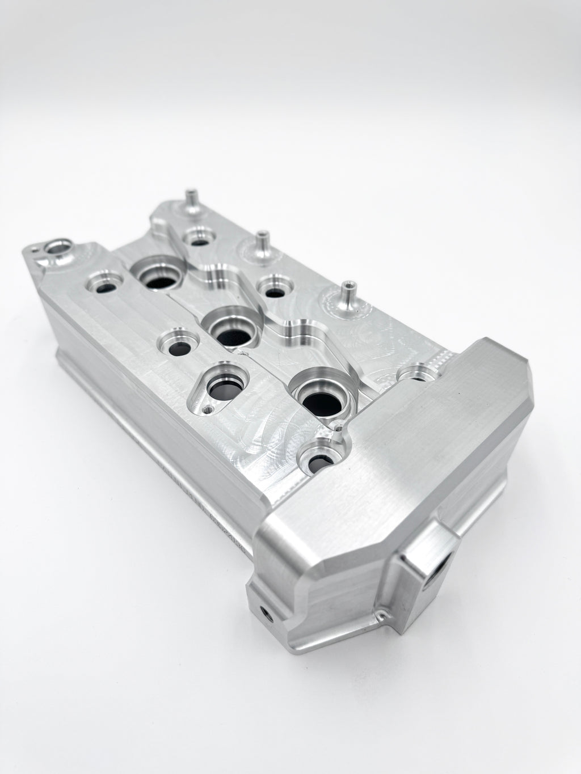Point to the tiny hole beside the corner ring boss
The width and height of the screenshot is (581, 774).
point(36,248)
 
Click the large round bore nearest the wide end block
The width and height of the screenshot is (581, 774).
point(315,397)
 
